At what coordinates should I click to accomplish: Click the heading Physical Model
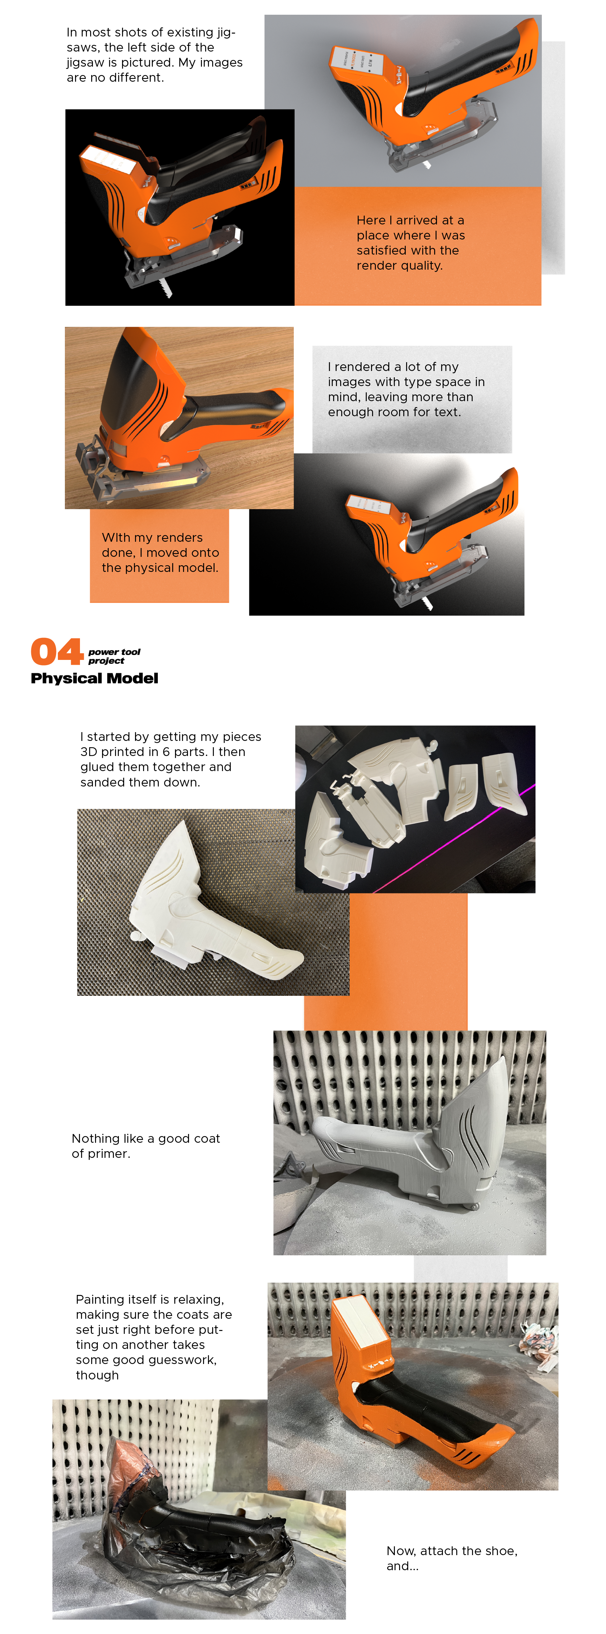click(x=95, y=678)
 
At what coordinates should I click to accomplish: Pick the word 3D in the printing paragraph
click(x=89, y=752)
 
